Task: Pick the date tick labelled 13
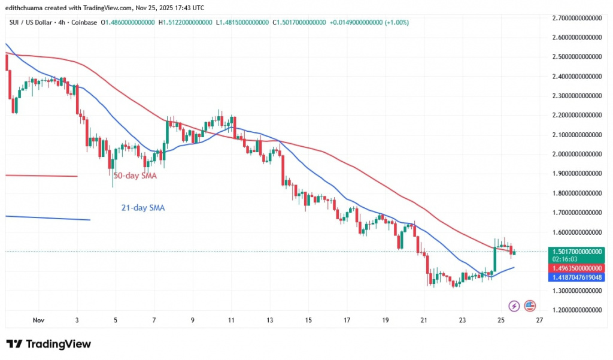pyautogui.click(x=270, y=320)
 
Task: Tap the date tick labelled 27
pyautogui.click(x=539, y=320)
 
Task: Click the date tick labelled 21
pyautogui.click(x=424, y=320)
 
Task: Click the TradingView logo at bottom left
pyautogui.click(x=48, y=344)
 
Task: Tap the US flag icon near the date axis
pyautogui.click(x=530, y=305)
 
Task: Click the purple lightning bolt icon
pyautogui.click(x=513, y=305)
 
